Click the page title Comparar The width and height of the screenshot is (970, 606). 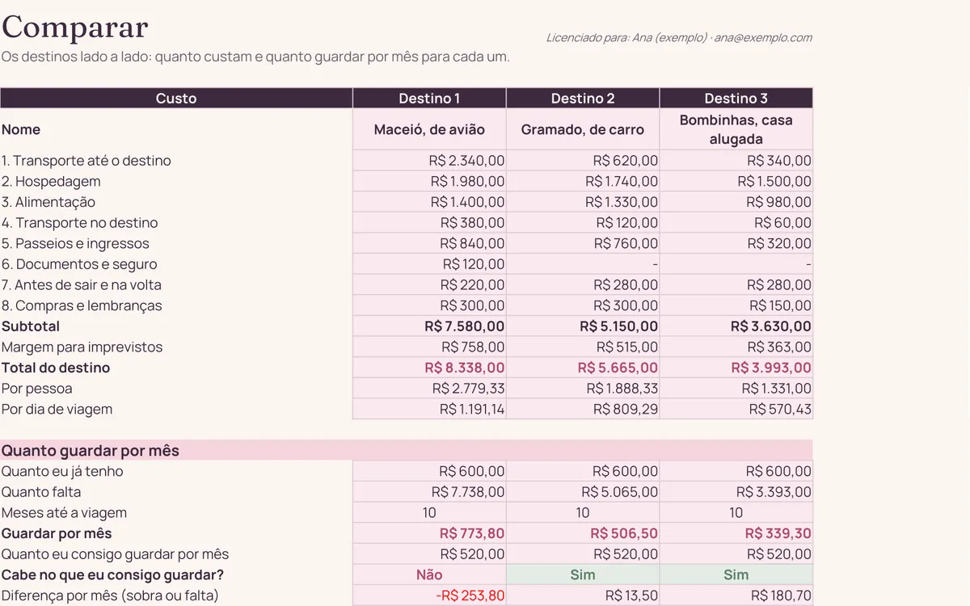(x=75, y=27)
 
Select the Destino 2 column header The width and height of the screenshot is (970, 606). (x=583, y=99)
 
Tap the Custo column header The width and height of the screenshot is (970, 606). (x=176, y=99)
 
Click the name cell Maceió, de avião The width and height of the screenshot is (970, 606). (x=429, y=129)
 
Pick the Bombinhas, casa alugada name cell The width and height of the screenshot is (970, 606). (x=736, y=129)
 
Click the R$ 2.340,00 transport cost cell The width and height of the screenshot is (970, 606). (x=466, y=161)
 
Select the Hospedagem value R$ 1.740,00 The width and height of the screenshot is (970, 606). (x=622, y=181)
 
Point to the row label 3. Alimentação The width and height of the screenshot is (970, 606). (x=48, y=202)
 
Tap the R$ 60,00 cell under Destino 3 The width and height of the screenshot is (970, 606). (x=782, y=223)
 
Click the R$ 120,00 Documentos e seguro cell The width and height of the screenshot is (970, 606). (x=474, y=264)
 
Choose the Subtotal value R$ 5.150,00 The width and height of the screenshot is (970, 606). (x=619, y=326)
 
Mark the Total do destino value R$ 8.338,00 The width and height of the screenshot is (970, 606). (x=464, y=368)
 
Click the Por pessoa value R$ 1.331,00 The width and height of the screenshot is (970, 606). (x=776, y=389)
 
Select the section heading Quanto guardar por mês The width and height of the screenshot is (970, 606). (x=90, y=451)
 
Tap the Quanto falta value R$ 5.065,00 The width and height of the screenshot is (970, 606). (x=619, y=492)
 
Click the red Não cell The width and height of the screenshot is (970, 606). (x=429, y=574)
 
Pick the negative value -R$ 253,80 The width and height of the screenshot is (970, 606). (x=470, y=595)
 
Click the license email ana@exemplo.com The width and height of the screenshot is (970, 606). (x=763, y=38)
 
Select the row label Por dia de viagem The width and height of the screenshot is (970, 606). (x=57, y=410)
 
